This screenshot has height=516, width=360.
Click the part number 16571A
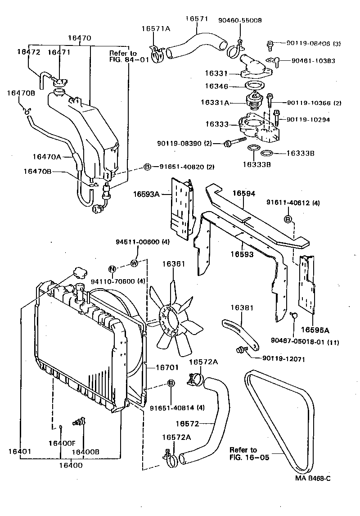(x=155, y=29)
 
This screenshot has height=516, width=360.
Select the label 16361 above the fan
(x=174, y=264)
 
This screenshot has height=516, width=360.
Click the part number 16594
(x=243, y=194)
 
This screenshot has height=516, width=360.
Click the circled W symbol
(x=134, y=263)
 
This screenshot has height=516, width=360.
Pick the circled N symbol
(x=112, y=270)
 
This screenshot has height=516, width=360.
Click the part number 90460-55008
(x=240, y=21)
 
